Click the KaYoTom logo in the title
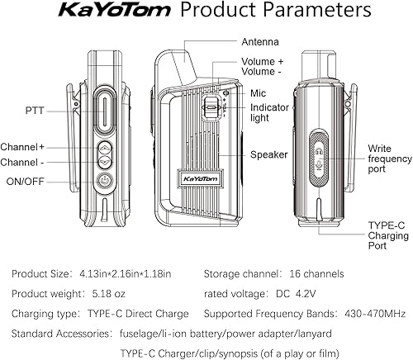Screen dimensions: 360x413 tap(115, 12)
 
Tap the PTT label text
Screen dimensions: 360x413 tap(36, 108)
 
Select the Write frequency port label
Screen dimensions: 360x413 tap(388, 158)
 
